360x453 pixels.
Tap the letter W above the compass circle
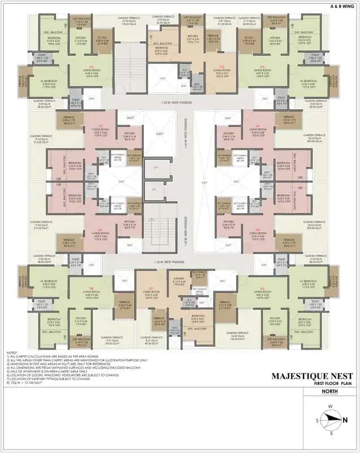pos(330,407)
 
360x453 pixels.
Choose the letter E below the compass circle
pos(331,433)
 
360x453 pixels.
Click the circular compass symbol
pos(331,420)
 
